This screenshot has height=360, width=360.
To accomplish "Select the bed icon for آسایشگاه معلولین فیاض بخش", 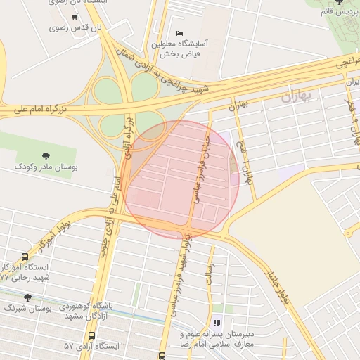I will tap(179, 33).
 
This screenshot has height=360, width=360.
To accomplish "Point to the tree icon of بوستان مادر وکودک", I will tap(46, 155).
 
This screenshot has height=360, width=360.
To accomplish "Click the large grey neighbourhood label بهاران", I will tap(296, 97).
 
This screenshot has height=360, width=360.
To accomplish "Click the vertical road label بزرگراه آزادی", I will tap(129, 137).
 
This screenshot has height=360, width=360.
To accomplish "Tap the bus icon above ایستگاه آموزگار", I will tap(25, 257).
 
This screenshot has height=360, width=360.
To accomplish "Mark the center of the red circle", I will tap(181, 179).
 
